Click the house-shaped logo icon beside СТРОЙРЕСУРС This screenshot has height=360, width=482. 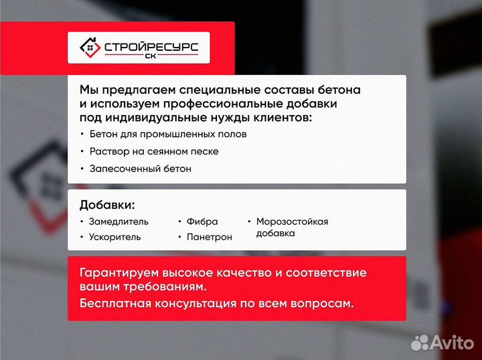(x=90, y=48)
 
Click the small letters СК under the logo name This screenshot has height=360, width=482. (x=151, y=58)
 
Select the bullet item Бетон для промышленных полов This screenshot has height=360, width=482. (x=167, y=134)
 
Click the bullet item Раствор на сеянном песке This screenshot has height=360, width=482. (x=153, y=151)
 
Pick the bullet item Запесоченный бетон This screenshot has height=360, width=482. (x=140, y=169)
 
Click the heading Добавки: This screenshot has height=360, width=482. (x=106, y=205)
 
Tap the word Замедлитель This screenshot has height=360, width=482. (x=118, y=221)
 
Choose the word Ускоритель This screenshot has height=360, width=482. (x=114, y=237)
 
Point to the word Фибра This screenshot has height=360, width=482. (x=202, y=221)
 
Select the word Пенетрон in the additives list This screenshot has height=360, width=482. (x=210, y=237)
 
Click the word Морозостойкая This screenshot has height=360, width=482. (x=292, y=221)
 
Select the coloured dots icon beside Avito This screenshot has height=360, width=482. (x=419, y=343)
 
